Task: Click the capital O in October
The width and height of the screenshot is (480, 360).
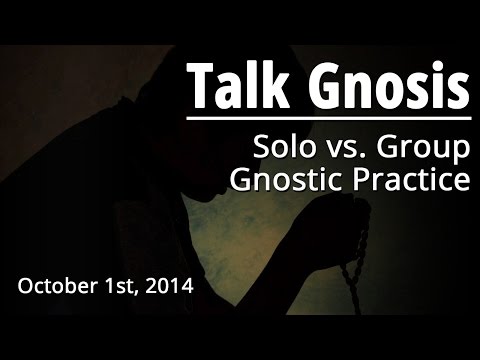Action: coord(25,286)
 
